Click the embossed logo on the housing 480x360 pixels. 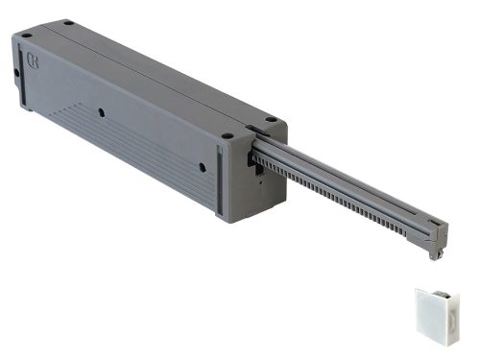[34, 64]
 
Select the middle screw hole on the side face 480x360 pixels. [101, 113]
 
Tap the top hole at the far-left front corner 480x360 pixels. [26, 36]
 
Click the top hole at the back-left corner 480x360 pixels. [68, 22]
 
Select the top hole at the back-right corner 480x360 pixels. [271, 120]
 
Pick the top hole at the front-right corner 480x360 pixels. [228, 136]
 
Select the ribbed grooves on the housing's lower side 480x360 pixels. [115, 144]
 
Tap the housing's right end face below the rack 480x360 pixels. [264, 192]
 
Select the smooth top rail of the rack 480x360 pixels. [346, 178]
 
